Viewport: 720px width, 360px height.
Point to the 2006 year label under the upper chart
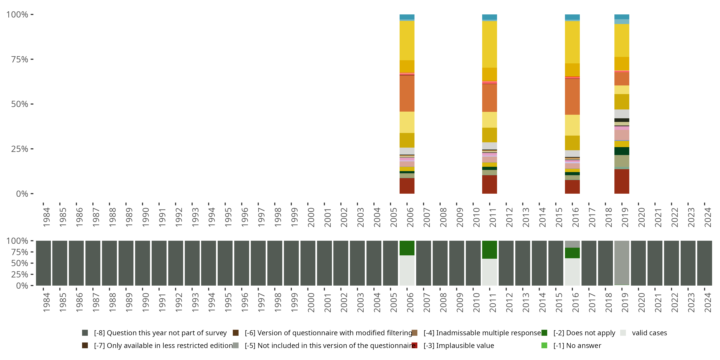point(410,217)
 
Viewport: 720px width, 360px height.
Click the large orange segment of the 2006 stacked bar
point(407,93)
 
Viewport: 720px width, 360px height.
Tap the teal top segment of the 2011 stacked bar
point(489,17)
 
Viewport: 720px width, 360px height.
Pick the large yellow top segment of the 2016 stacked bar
point(572,42)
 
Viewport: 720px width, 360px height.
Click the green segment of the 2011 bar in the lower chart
point(489,250)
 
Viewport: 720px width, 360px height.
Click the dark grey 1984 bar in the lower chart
point(43,263)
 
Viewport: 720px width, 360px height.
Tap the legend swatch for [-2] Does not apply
point(544,333)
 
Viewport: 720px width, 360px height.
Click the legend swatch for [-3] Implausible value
point(414,345)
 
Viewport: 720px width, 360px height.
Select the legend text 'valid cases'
point(649,333)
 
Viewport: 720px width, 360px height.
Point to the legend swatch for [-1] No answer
point(544,345)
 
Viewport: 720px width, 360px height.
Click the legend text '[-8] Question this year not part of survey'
point(160,333)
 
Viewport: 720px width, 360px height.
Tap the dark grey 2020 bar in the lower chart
point(638,263)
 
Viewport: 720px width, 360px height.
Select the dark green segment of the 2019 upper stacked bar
point(622,151)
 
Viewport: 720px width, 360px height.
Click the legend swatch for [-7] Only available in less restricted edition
point(85,345)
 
